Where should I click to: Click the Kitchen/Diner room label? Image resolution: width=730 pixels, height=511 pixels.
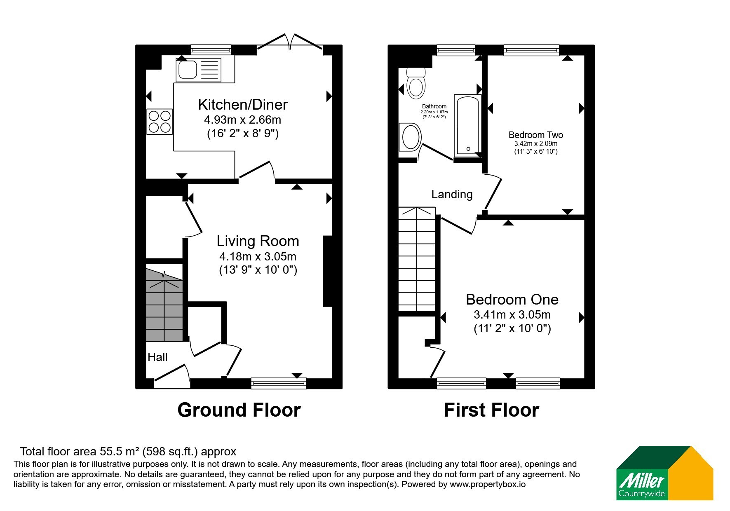pos(242,105)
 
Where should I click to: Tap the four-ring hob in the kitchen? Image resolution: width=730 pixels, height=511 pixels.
pos(160,121)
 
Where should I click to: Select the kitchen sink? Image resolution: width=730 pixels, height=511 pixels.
pos(199,70)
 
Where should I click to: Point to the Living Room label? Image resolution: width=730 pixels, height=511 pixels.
pos(258,241)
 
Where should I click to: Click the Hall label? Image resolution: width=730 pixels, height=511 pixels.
pos(157,357)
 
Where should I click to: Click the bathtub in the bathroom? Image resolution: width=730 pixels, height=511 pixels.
pos(467,126)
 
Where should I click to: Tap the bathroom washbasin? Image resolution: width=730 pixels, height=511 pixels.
pos(409,137)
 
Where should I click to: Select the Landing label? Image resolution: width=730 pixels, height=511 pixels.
pos(452,195)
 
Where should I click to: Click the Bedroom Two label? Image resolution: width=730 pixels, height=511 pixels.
pos(535,135)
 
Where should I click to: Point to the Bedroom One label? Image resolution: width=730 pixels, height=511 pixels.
pos(512,299)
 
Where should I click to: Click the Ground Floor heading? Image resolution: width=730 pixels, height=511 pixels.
pos(239,410)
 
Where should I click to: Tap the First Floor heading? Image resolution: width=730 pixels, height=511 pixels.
pos(491,410)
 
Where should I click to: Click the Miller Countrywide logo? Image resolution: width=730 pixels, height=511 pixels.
pos(664,473)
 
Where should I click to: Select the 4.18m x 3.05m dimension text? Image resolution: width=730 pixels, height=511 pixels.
pos(258,257)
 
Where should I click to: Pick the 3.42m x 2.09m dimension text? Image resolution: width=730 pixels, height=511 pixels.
pos(535,144)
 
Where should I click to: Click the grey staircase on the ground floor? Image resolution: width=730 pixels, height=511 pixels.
pos(164,305)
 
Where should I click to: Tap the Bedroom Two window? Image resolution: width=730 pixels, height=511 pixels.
pos(531,50)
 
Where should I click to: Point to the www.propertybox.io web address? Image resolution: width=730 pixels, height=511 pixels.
pos(488,485)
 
